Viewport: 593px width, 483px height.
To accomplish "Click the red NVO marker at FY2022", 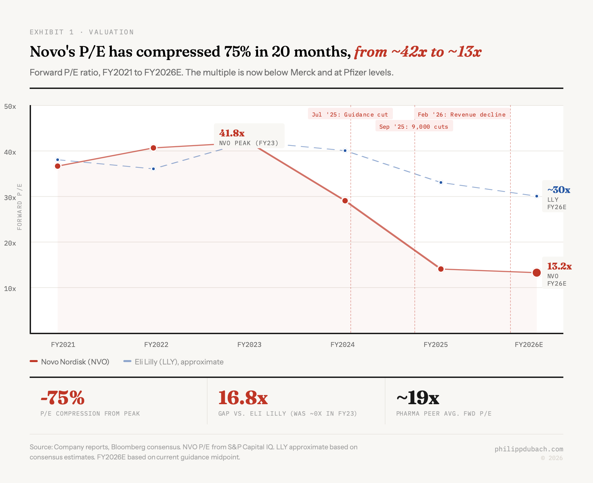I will [x=153, y=148].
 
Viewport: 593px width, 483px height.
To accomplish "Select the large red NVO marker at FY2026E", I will [x=537, y=272].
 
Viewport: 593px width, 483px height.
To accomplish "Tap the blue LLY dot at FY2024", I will [x=345, y=151].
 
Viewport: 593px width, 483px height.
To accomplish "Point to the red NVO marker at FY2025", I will [x=441, y=269].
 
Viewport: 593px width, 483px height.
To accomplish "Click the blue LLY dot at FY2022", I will [x=153, y=169].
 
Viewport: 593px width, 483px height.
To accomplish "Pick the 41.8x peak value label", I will [x=232, y=133].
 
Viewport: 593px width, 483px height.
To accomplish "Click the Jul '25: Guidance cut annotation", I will [x=350, y=115].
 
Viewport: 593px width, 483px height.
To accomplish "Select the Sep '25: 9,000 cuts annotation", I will [x=414, y=127].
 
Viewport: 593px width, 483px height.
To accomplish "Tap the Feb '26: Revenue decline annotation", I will [x=462, y=115].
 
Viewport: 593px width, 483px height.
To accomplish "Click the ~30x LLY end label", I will [x=559, y=190].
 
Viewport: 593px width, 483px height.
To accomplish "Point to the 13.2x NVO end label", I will [x=559, y=266].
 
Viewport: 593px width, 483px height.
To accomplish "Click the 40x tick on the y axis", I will [x=10, y=152].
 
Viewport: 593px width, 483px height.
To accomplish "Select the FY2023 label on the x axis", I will [x=249, y=345].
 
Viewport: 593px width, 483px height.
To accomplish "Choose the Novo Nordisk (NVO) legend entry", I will [x=70, y=362].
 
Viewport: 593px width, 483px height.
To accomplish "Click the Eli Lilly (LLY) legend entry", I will [x=174, y=362].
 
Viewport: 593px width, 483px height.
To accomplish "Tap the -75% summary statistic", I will [x=63, y=398].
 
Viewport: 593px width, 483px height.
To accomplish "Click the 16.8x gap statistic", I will [x=243, y=398].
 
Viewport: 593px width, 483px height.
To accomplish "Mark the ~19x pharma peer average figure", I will [x=418, y=398].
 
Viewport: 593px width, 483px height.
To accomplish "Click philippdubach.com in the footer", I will [x=529, y=449].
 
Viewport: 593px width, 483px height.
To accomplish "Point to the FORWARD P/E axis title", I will [x=20, y=207].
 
